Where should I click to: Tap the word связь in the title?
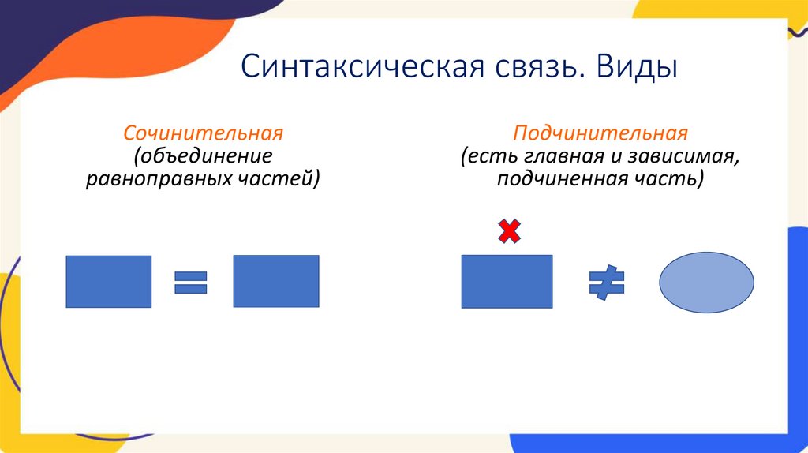(536, 67)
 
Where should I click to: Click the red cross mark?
(509, 231)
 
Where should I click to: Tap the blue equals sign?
(190, 282)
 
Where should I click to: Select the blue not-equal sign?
(606, 283)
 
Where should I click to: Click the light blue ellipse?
(706, 283)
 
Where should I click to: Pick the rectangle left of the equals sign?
(108, 282)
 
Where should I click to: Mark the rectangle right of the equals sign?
(276, 281)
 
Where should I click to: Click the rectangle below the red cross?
(507, 282)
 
